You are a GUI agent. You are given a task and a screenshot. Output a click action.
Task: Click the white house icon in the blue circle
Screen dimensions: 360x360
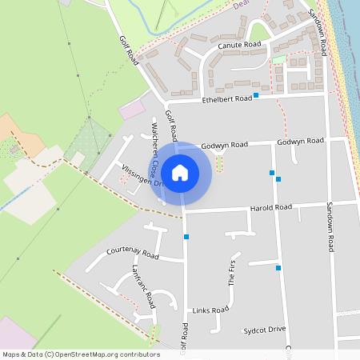tap(180, 172)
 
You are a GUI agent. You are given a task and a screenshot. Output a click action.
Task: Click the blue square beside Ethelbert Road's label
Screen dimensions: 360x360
tap(257, 95)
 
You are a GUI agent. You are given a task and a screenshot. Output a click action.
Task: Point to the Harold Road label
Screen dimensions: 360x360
tap(271, 207)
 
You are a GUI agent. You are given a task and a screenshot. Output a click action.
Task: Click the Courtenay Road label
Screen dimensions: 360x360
tap(133, 253)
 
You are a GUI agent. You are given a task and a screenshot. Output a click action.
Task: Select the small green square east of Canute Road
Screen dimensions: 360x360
tap(278, 59)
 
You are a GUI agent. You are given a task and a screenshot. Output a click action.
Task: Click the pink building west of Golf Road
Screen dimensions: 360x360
tap(133, 109)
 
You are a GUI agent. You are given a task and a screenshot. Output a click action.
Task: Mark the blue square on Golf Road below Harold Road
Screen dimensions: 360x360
tap(186, 237)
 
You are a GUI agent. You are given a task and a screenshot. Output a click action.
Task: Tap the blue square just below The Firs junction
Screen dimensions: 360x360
tap(278, 268)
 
